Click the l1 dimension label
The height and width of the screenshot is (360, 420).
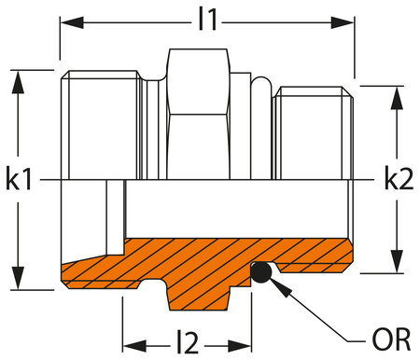[x=207, y=20]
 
